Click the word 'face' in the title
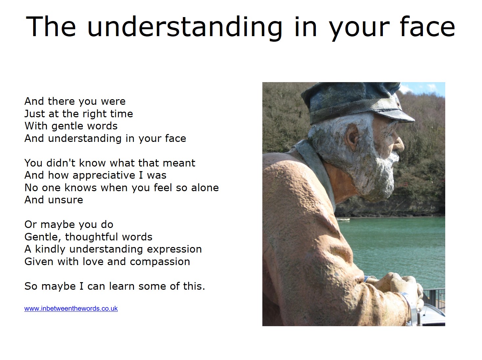click(x=427, y=27)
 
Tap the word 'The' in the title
click(x=51, y=27)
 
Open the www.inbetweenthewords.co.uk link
click(x=71, y=309)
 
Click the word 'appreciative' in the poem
click(x=120, y=176)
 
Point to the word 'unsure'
click(x=65, y=200)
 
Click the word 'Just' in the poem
click(x=35, y=114)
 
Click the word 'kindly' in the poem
click(x=50, y=249)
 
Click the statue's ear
click(x=352, y=136)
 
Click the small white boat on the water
click(x=343, y=219)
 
